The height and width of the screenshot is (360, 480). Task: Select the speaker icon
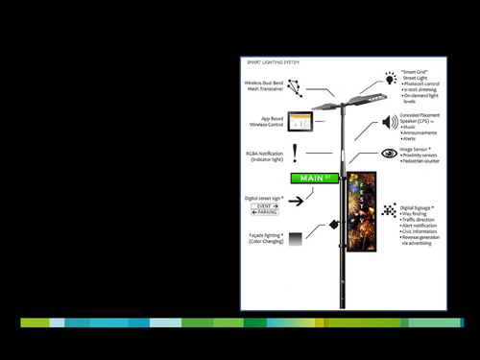(390, 122)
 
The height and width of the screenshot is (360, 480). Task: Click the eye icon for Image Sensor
(389, 153)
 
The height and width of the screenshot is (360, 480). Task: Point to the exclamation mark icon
(296, 150)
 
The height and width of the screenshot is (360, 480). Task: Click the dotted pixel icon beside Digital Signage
(388, 211)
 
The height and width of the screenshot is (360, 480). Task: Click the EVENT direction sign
(266, 205)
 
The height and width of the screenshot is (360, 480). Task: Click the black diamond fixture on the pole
(334, 226)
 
